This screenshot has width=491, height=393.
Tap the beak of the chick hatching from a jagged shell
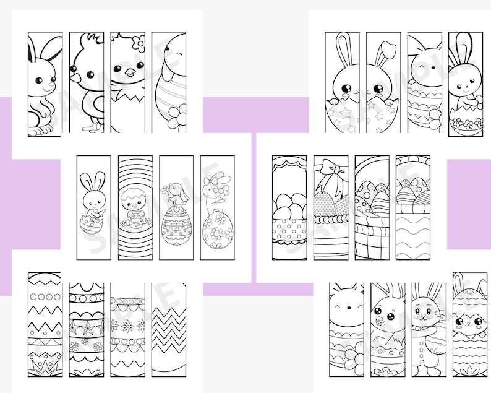click(130, 73)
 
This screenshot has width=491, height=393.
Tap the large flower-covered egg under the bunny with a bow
click(217, 230)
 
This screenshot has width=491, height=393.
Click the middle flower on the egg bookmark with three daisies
click(127, 324)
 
